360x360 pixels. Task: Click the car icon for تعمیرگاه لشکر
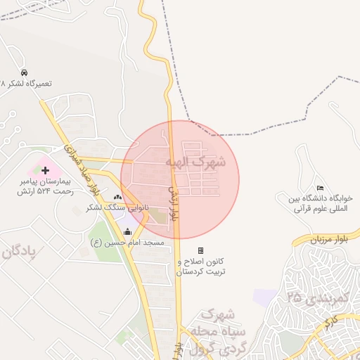tap(25, 72)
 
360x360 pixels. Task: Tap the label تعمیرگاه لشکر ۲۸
tap(28, 83)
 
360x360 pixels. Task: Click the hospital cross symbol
tap(46, 170)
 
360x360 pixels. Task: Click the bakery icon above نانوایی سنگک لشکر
tap(117, 198)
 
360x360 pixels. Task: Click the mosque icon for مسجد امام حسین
tap(127, 232)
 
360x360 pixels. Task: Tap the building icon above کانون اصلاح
tap(200, 250)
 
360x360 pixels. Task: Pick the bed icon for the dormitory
tap(321, 188)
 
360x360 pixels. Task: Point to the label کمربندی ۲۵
tap(318, 298)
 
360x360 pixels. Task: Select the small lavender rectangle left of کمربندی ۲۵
tap(266, 297)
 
